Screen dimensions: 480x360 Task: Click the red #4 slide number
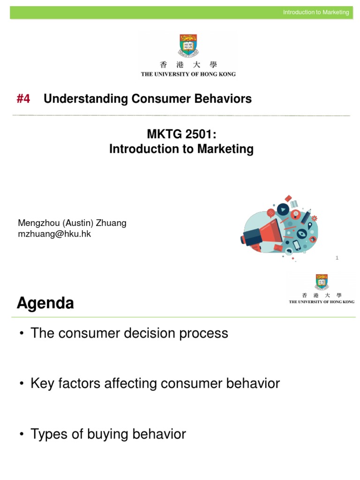(23, 99)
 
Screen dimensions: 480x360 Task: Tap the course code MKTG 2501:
(181, 134)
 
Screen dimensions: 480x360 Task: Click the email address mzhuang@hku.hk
(54, 234)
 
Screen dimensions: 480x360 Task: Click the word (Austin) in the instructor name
(77, 223)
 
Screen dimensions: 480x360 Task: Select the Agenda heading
(45, 303)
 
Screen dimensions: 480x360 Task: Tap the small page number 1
(337, 258)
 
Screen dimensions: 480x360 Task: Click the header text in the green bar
(315, 12)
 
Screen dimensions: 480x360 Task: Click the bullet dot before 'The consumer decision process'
(22, 334)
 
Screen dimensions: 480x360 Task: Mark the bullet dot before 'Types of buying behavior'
(22, 435)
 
